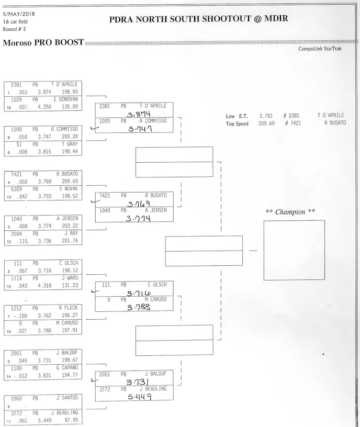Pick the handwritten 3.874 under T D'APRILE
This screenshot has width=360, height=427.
(138, 113)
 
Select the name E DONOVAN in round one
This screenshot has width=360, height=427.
(65, 99)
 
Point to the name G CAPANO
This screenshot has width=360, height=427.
(66, 368)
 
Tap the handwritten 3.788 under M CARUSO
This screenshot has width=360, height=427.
(139, 308)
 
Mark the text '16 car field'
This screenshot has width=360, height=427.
(15, 21)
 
